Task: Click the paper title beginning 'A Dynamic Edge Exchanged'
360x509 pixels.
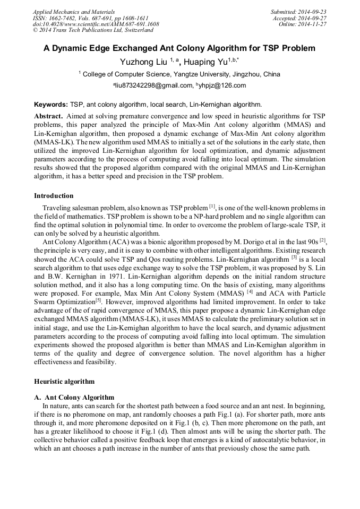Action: click(x=179, y=48)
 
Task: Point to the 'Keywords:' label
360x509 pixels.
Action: click(x=51, y=105)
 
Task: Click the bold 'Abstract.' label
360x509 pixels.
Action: click(x=49, y=116)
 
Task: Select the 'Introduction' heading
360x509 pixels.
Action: click(x=54, y=196)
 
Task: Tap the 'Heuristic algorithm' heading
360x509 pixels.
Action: click(x=64, y=381)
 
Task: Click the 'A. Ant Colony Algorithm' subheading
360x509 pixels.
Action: click(x=74, y=397)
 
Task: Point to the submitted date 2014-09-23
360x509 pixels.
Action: click(x=310, y=12)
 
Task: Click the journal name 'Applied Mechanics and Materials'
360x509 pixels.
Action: click(x=73, y=12)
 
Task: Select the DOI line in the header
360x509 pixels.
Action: click(x=96, y=24)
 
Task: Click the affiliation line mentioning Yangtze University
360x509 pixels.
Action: click(x=179, y=74)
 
